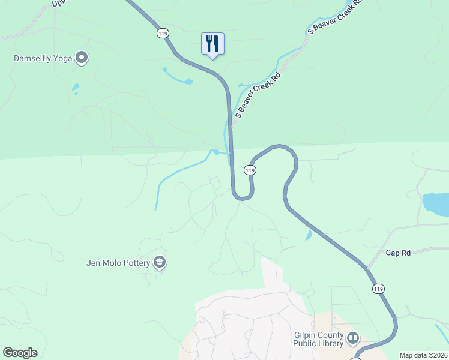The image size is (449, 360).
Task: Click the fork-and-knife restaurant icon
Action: pos(212,44)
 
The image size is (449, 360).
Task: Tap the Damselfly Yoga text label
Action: pos(43,59)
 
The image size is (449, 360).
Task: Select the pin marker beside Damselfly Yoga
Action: pos(82,58)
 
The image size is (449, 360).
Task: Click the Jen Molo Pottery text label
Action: pos(118,263)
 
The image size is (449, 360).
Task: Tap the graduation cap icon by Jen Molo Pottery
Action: pos(160,262)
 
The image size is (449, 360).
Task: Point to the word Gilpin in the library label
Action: pos(307,335)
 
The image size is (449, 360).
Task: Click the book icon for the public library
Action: pos(352,339)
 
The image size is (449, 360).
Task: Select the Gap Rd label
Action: pos(398,253)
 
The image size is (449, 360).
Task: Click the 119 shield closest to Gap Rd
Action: pos(378,289)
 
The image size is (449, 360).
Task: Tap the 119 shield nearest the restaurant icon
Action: pos(163,34)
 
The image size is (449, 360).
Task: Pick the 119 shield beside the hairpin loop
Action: pos(250,170)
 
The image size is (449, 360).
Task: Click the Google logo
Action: pos(20,353)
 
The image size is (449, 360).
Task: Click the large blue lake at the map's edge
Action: pos(436,204)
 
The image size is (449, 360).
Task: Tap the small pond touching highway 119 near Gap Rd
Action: pos(309,235)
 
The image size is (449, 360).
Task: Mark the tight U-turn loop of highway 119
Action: pos(243,194)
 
